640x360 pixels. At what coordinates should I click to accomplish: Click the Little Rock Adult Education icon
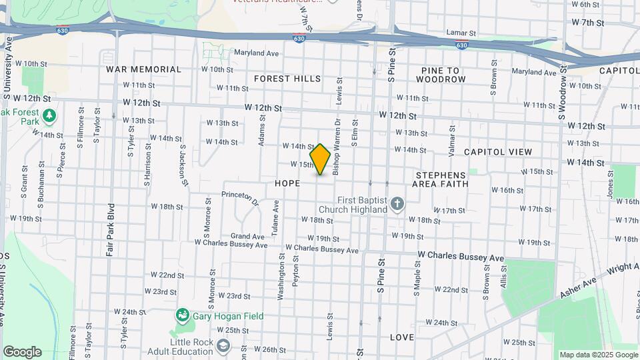click(x=223, y=345)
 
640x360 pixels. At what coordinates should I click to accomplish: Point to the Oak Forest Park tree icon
click(x=49, y=117)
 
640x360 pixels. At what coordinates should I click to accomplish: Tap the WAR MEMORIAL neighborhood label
click(x=143, y=69)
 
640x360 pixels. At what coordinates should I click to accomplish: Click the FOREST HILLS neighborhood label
click(x=287, y=79)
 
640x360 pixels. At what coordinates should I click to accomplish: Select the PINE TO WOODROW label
click(x=441, y=75)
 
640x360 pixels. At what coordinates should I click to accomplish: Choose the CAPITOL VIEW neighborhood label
click(x=498, y=152)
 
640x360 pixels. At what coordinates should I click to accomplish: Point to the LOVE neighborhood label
click(x=401, y=337)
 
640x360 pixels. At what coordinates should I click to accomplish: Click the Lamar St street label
click(x=461, y=32)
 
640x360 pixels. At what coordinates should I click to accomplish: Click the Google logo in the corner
click(x=22, y=352)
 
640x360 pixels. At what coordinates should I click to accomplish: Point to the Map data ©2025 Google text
click(x=598, y=355)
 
